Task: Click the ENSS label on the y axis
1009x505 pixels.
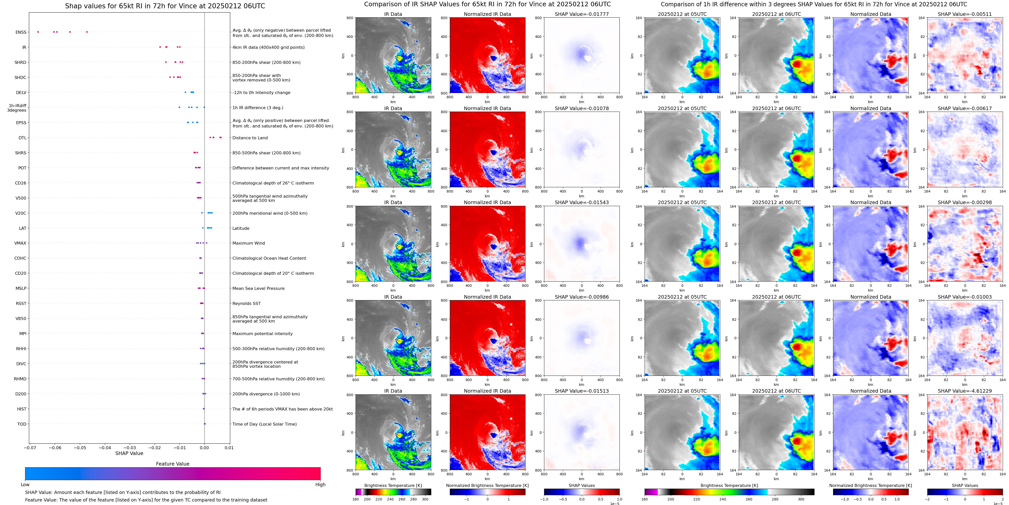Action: (x=21, y=32)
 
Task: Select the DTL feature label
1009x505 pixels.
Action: (x=22, y=138)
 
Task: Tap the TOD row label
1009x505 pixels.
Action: (x=22, y=424)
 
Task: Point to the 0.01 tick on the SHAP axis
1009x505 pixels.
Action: (x=229, y=447)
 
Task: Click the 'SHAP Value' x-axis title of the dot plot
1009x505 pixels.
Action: (x=129, y=453)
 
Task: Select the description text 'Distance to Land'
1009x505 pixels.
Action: (x=250, y=138)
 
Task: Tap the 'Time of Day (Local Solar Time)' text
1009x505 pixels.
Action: (x=264, y=424)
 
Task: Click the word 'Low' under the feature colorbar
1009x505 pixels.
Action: (x=25, y=485)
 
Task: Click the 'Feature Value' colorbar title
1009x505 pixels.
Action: (x=172, y=464)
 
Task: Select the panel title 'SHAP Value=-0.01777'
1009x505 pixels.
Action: (x=582, y=14)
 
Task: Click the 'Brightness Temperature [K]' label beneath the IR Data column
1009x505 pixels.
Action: (x=393, y=485)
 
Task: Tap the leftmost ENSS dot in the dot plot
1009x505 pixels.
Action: (x=38, y=32)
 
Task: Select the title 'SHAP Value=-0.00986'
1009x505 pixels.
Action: (x=582, y=297)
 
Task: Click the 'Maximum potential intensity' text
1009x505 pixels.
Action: (x=262, y=334)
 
